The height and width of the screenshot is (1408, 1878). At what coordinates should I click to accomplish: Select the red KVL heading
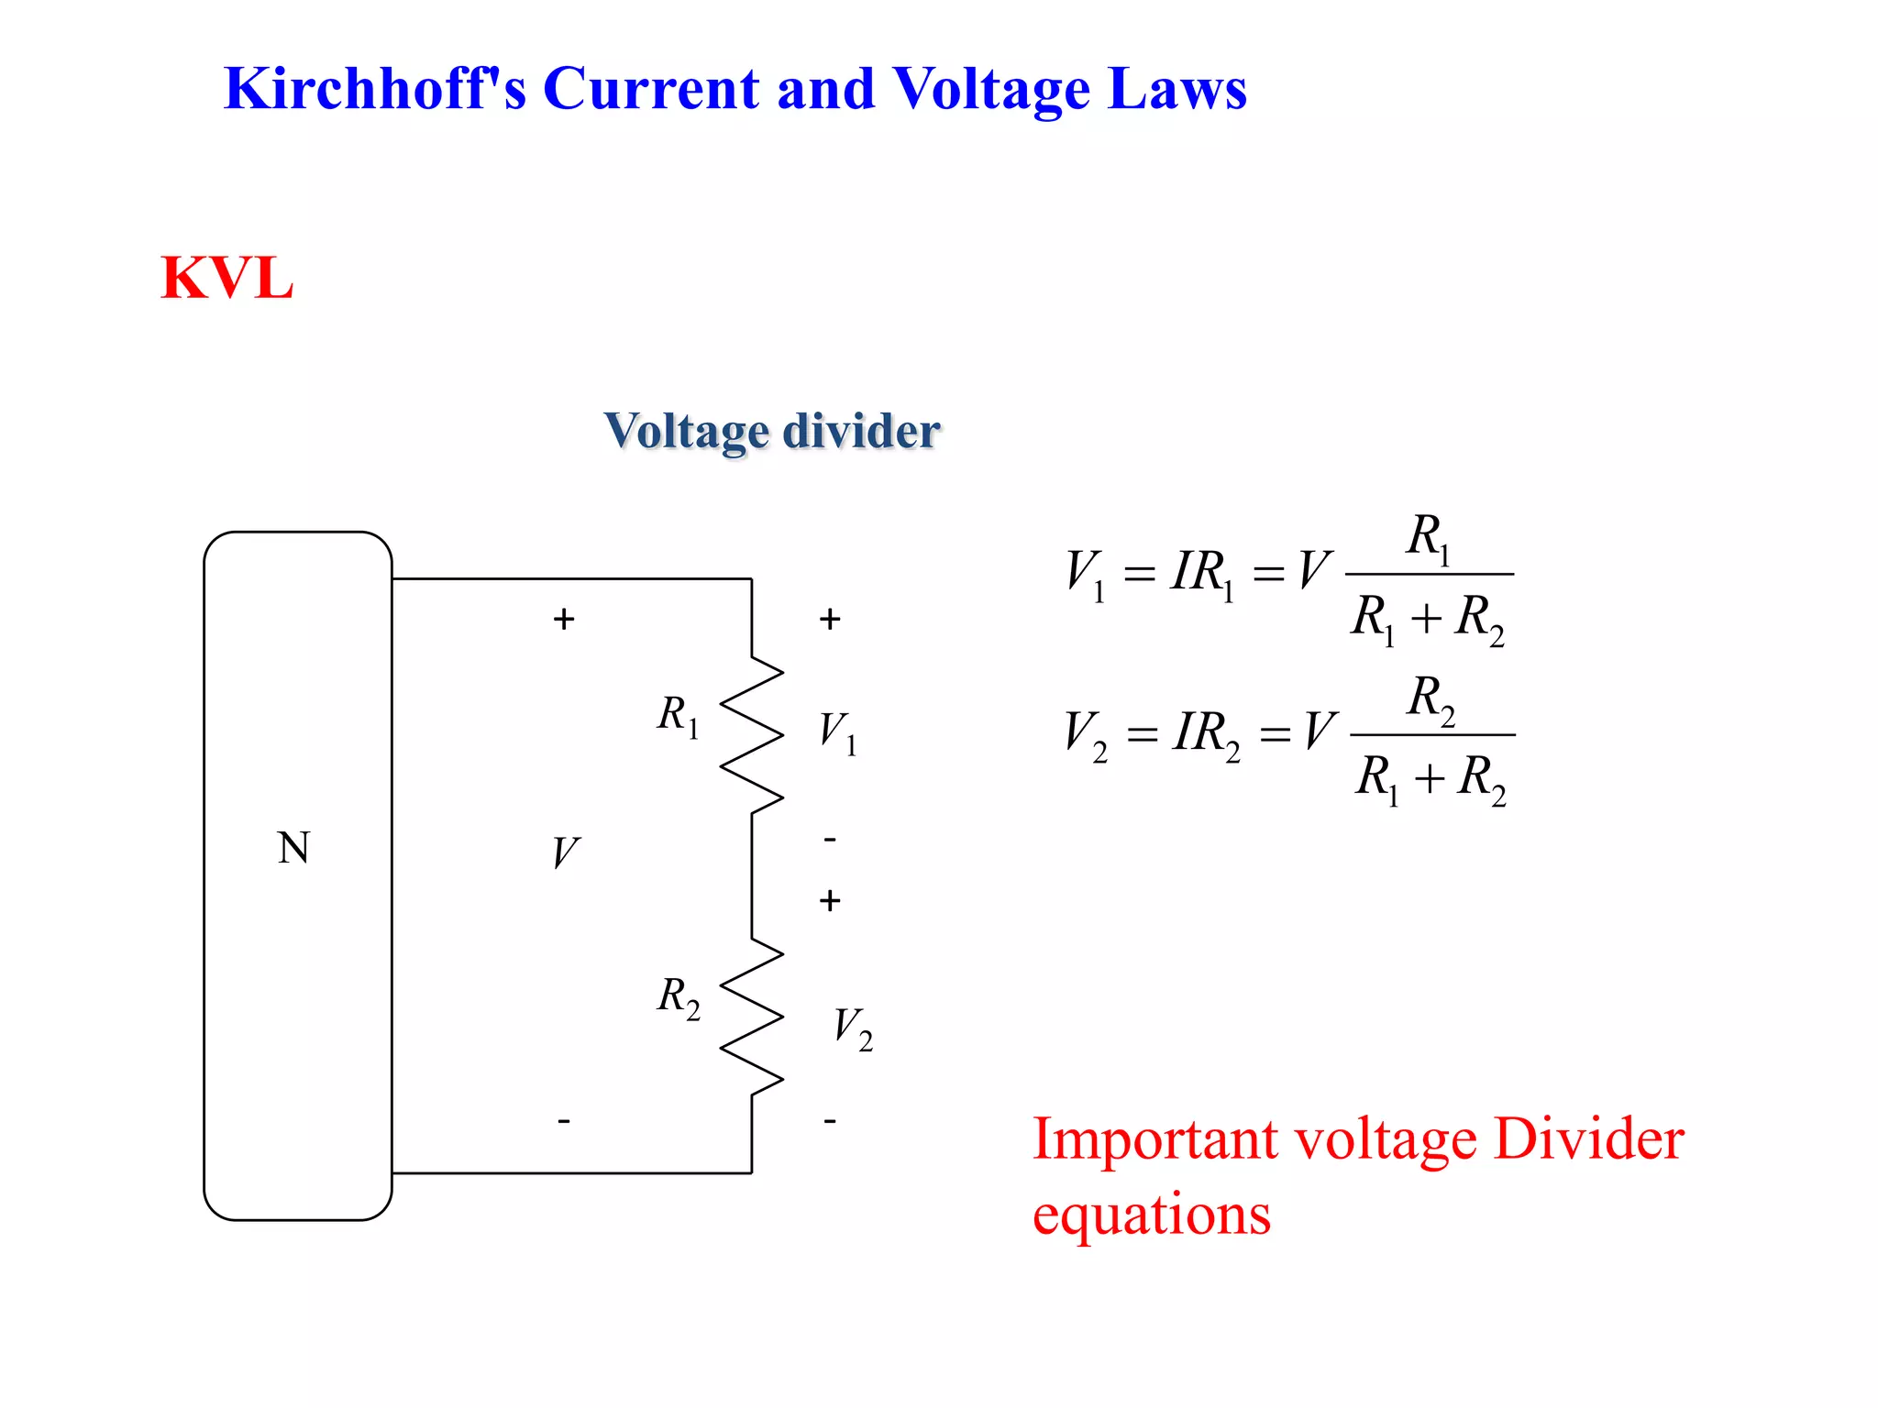tap(226, 278)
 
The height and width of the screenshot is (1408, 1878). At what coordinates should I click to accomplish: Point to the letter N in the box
tap(293, 848)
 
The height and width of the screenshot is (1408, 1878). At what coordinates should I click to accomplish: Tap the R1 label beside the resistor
tap(678, 715)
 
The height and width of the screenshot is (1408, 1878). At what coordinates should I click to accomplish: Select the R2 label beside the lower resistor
tap(678, 996)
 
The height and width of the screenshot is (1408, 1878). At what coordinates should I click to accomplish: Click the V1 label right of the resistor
tap(837, 733)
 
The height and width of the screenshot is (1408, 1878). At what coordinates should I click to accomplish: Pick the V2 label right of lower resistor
tap(852, 1028)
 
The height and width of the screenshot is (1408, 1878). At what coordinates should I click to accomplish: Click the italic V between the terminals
tap(565, 853)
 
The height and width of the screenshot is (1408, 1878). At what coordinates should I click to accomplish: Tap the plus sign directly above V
tap(564, 620)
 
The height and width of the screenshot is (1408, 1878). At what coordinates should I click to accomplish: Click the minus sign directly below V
tap(564, 1120)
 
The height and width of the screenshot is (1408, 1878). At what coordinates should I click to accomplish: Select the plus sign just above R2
tap(830, 901)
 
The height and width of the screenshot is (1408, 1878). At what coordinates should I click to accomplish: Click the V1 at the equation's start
tap(1085, 574)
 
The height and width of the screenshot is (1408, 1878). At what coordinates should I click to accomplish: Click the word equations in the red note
tap(1152, 1215)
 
